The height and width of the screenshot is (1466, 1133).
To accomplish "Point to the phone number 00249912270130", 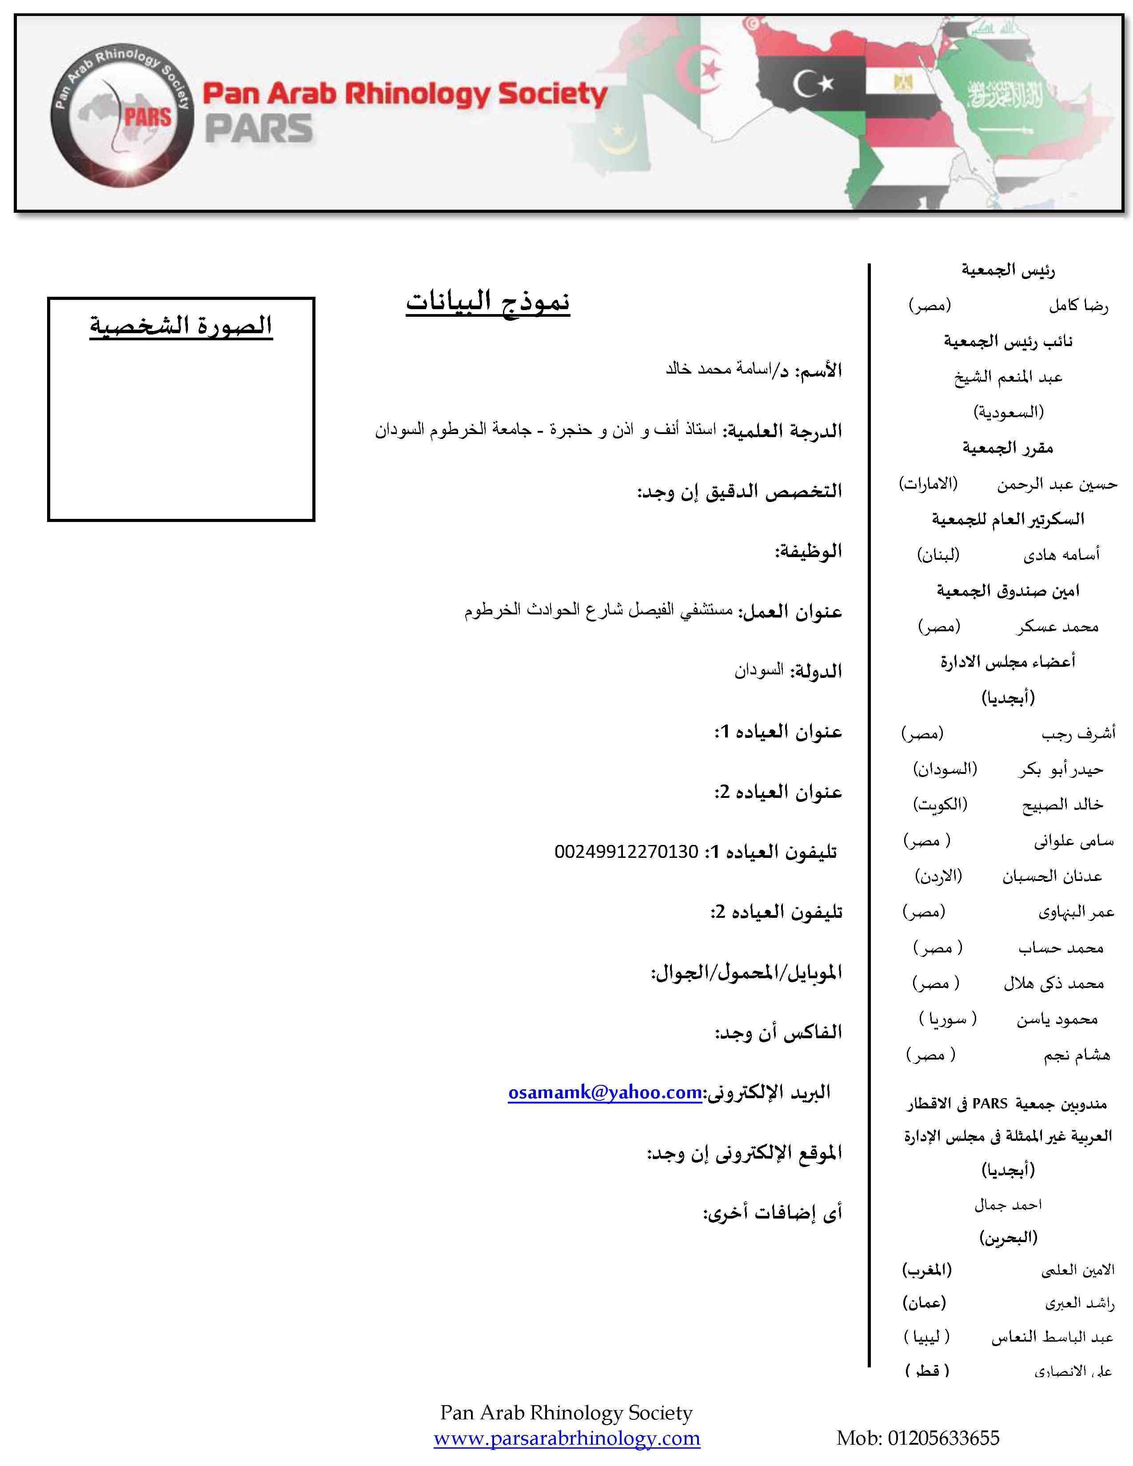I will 626,852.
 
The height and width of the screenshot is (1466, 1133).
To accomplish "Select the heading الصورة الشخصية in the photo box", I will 181,326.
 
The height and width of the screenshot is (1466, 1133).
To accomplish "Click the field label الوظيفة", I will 809,552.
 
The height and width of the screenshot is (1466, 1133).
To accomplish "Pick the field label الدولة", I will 815,671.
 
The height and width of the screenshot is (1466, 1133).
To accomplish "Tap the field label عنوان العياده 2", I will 778,792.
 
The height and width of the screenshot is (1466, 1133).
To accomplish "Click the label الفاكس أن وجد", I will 778,1032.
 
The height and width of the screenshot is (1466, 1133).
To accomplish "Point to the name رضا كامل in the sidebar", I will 1079,306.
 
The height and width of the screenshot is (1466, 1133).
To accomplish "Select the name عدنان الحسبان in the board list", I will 1052,876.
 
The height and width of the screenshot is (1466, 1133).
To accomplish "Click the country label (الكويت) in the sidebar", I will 940,804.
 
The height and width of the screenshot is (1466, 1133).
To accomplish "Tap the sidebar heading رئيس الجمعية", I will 1008,271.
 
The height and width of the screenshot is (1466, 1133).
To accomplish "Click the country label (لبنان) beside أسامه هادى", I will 938,554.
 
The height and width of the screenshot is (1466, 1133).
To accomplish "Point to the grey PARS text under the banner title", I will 259,129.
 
